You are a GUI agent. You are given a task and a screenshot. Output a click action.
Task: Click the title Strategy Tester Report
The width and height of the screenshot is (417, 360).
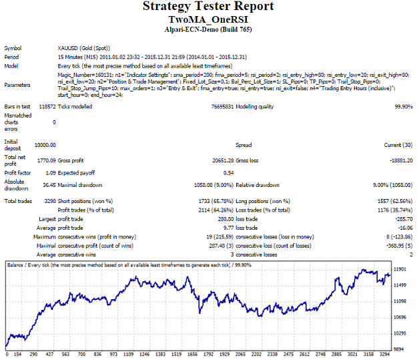(208, 7)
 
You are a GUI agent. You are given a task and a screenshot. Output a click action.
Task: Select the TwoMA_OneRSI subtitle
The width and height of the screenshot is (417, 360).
(208, 19)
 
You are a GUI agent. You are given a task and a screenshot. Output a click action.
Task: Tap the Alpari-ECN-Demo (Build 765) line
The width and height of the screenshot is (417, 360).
(208, 29)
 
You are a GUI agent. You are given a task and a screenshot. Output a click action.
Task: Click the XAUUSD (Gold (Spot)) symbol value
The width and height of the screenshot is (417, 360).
(84, 48)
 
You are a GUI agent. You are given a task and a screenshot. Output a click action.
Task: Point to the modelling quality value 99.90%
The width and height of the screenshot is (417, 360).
(404, 107)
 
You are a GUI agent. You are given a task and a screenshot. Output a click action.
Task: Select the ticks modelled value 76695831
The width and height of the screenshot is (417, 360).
(222, 107)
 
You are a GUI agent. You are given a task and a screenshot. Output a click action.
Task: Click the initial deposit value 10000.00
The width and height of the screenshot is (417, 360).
(45, 145)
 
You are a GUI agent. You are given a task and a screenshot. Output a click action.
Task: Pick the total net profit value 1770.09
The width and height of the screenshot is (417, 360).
(47, 160)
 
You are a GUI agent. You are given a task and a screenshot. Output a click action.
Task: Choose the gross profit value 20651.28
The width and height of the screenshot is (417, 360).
(223, 160)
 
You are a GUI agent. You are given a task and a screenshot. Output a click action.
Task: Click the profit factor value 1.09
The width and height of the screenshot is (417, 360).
(51, 173)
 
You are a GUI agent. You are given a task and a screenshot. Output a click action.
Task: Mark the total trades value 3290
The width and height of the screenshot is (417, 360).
(50, 201)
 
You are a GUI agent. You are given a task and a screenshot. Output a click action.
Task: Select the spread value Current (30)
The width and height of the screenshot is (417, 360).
(398, 145)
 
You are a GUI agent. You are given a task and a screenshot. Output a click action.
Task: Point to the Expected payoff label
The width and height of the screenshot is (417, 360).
(76, 173)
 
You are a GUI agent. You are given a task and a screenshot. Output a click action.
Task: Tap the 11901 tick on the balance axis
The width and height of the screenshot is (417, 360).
(400, 269)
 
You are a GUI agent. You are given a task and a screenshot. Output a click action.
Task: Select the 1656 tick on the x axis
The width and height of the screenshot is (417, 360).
(192, 355)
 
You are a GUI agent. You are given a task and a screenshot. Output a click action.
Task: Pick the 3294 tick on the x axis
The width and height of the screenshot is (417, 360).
(384, 355)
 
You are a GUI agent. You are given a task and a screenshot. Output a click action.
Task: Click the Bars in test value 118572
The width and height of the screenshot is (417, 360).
(47, 107)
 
